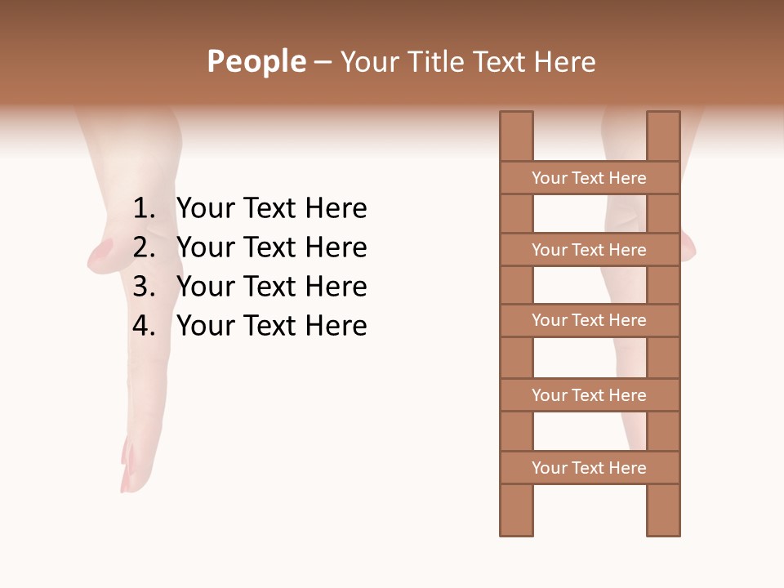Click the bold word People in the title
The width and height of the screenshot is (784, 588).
pos(256,61)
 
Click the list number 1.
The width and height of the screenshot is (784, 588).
pos(144,209)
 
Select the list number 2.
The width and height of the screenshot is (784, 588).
pos(144,247)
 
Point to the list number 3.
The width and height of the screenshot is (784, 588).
pos(144,287)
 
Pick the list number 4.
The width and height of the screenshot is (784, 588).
pos(144,326)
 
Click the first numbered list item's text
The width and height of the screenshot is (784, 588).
pos(272,209)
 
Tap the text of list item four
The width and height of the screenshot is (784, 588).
pos(272,326)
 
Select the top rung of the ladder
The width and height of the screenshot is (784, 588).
pos(589,178)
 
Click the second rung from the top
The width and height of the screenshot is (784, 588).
pos(589,250)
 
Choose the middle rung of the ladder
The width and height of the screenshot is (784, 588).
pos(589,320)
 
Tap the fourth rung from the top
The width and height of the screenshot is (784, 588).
pos(589,395)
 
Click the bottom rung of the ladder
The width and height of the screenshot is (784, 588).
pos(589,468)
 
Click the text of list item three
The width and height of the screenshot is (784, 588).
pos(272,287)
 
